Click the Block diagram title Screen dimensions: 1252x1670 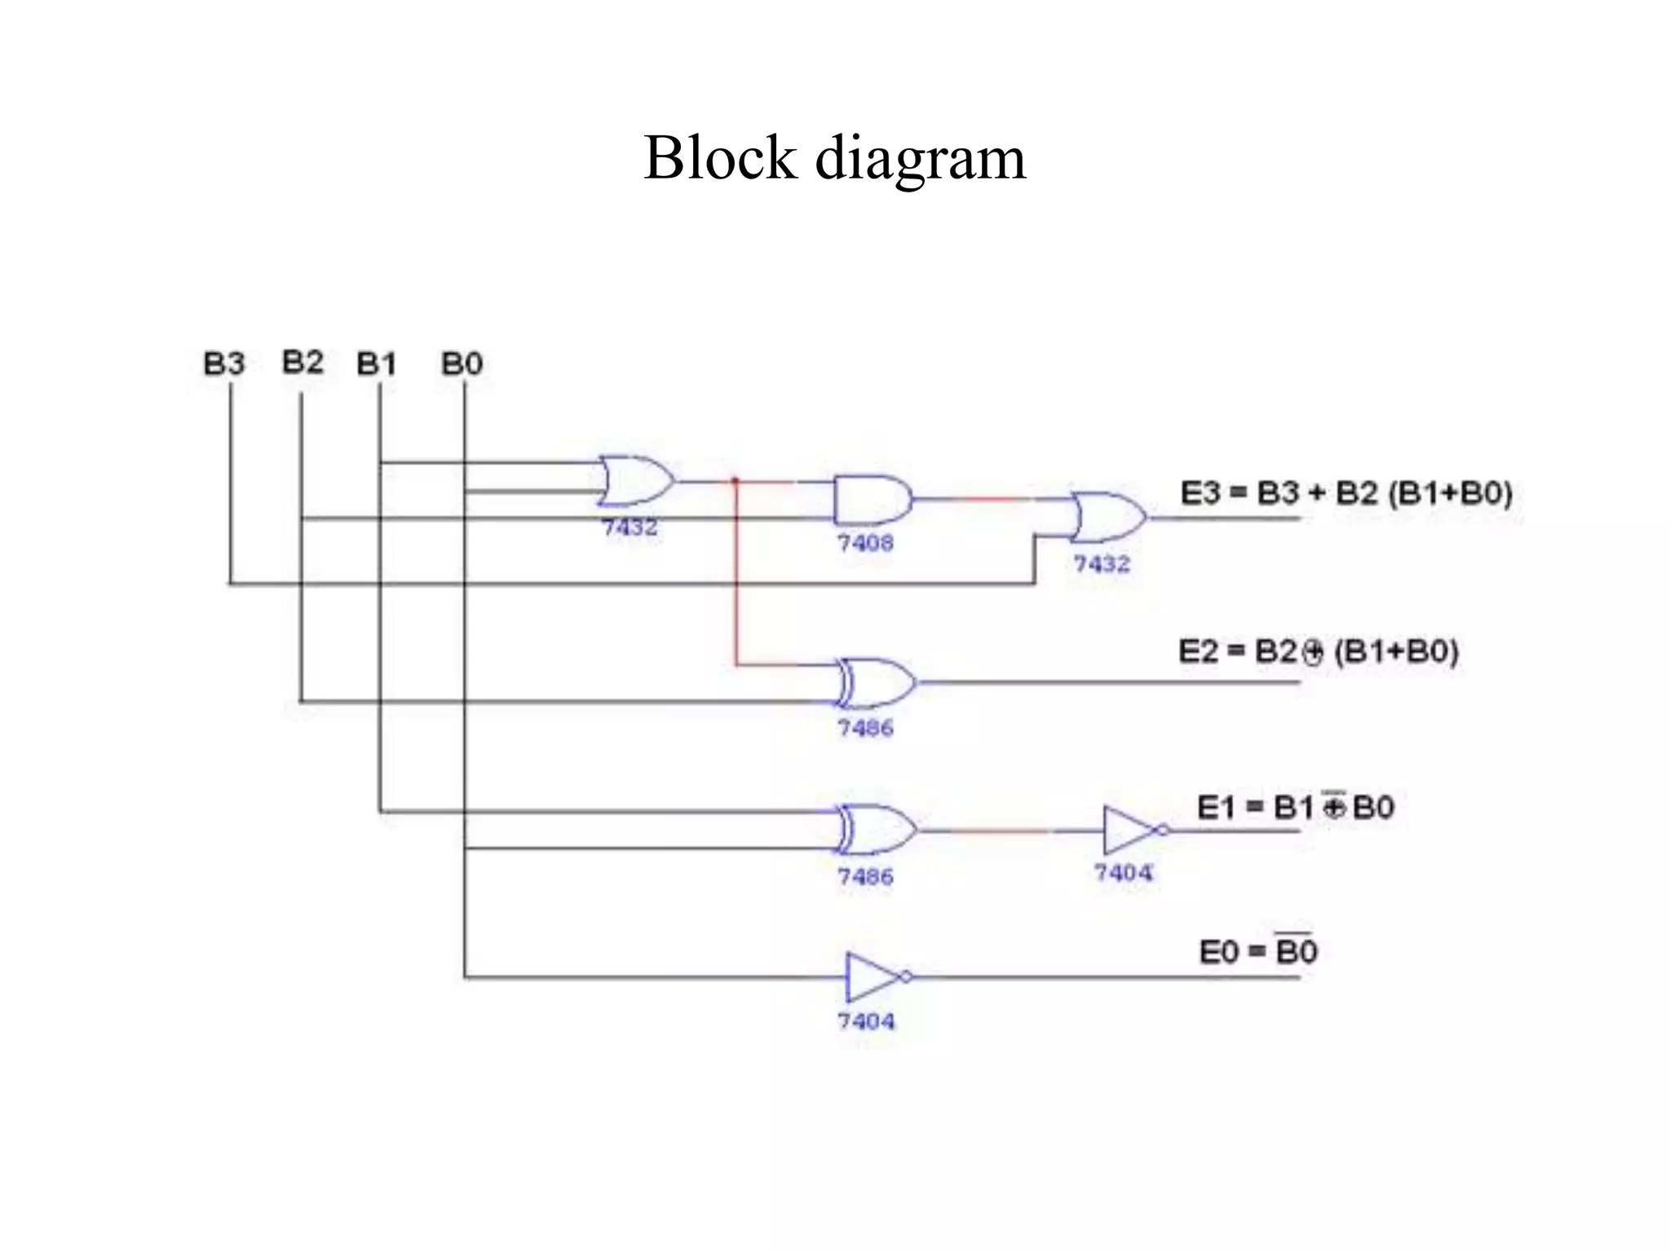pos(834,157)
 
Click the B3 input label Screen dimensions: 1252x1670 pos(224,364)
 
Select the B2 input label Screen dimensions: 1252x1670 pos(303,361)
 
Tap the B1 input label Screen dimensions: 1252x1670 pos(377,364)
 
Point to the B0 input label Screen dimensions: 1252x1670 pos(462,364)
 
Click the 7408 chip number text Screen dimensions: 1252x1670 pos(865,543)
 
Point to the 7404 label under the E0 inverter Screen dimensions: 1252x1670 pos(866,1021)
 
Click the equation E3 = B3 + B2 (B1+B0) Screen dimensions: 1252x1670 pos(1346,493)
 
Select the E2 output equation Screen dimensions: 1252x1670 pos(1318,651)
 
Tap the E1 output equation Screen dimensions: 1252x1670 pos(1295,807)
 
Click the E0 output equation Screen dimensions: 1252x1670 pos(1257,950)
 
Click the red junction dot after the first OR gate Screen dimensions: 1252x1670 pos(735,481)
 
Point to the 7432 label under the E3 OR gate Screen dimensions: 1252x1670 pos(1102,564)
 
